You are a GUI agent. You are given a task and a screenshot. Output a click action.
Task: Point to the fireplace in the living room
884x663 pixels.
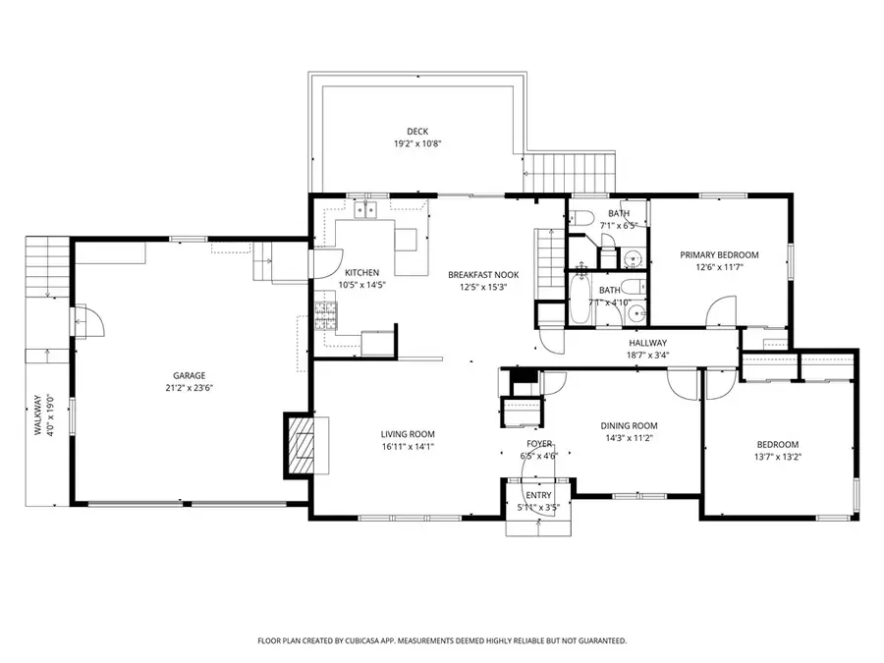tap(302, 445)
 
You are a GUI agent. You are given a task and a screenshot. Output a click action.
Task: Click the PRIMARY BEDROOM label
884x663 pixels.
tap(722, 254)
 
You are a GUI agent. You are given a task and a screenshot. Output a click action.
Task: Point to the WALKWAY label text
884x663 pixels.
tap(39, 414)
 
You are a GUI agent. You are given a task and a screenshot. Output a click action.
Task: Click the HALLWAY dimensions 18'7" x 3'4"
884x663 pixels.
tap(648, 356)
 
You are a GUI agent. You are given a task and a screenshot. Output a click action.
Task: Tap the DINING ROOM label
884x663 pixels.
tap(629, 426)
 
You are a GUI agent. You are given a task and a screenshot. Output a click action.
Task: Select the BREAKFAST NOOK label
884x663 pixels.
tap(483, 275)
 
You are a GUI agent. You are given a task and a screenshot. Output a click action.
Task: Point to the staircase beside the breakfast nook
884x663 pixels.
tap(548, 257)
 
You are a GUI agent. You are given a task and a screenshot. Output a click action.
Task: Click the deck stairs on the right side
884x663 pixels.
tap(571, 173)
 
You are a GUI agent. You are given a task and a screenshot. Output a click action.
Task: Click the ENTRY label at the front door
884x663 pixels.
tap(538, 496)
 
